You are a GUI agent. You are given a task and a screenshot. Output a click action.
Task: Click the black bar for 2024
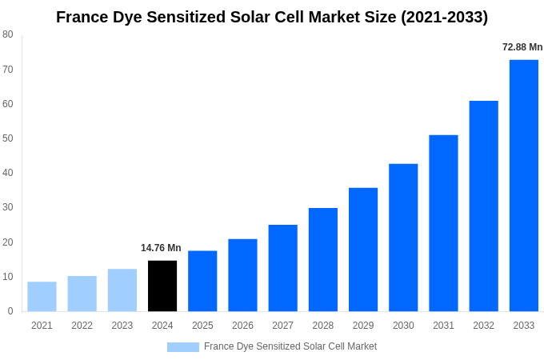pyautogui.click(x=162, y=286)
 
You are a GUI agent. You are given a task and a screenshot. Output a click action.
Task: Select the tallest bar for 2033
pyautogui.click(x=524, y=186)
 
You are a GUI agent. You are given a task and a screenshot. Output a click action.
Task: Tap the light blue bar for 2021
pyautogui.click(x=42, y=296)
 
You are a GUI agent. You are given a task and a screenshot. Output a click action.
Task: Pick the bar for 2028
pyautogui.click(x=323, y=259)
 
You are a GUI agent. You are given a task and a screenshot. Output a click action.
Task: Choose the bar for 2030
pyautogui.click(x=403, y=238)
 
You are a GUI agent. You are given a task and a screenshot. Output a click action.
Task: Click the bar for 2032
pyautogui.click(x=483, y=206)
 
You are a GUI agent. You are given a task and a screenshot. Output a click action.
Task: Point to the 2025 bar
pyautogui.click(x=202, y=281)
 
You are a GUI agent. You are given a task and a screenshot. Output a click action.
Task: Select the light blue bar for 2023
pyautogui.click(x=122, y=290)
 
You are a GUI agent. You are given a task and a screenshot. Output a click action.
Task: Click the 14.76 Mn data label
pyautogui.click(x=161, y=248)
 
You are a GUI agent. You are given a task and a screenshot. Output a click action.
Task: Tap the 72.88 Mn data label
pyautogui.click(x=522, y=47)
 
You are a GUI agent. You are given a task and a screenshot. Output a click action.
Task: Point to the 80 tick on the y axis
pyautogui.click(x=8, y=34)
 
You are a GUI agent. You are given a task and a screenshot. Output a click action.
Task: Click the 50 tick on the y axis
pyautogui.click(x=8, y=138)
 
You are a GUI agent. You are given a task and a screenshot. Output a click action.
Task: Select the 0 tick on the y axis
pyautogui.click(x=10, y=311)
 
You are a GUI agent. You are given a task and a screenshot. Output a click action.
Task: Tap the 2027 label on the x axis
pyautogui.click(x=282, y=326)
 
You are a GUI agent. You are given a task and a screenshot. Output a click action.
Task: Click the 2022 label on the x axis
pyautogui.click(x=82, y=326)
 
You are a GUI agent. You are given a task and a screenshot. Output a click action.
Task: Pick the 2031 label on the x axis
pyautogui.click(x=443, y=326)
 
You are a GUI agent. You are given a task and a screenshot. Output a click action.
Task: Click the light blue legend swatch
pyautogui.click(x=182, y=347)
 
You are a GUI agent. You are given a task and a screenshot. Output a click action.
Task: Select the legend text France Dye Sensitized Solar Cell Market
pyautogui.click(x=290, y=346)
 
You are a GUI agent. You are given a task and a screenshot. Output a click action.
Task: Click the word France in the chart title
pyautogui.click(x=83, y=17)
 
